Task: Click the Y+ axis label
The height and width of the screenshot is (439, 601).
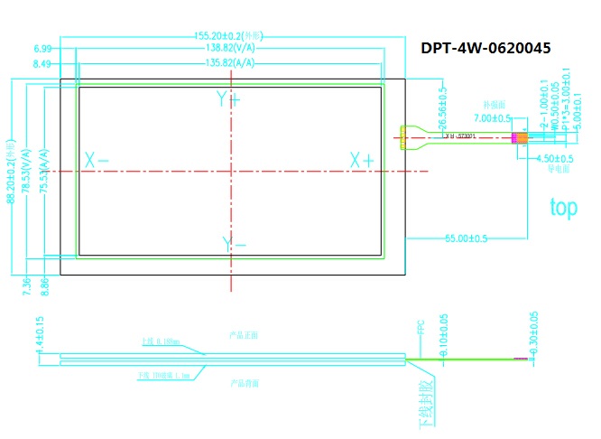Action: point(228,98)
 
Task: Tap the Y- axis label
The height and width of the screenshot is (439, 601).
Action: point(234,244)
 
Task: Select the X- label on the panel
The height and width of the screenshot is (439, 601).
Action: point(97,161)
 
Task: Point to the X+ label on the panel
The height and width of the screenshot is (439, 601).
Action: point(362,161)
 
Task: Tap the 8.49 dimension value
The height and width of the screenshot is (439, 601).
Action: point(42,64)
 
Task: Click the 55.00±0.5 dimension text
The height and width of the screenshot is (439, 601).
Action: point(466,238)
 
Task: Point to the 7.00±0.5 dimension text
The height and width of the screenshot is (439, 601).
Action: point(493,118)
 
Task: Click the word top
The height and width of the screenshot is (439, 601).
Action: point(563,208)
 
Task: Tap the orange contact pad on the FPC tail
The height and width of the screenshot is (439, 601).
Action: point(520,138)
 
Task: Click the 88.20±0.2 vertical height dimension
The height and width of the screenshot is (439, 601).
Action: point(12,177)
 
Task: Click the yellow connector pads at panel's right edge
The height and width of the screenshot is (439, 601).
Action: point(399,138)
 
